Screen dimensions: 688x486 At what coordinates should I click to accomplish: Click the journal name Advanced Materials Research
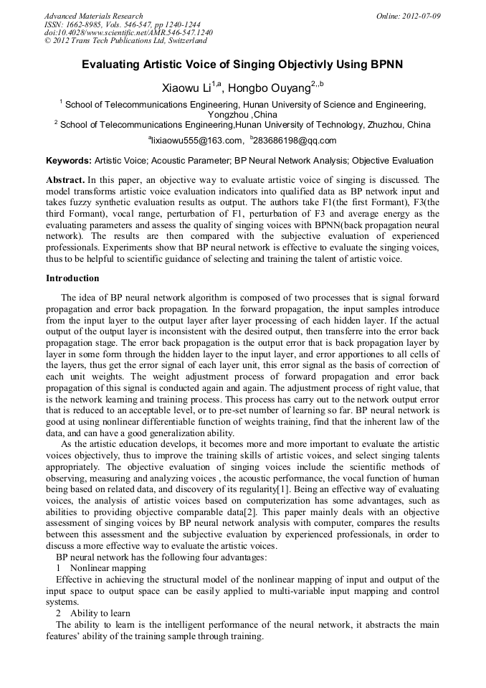click(x=94, y=16)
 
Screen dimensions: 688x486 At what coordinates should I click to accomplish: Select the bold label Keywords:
click(x=69, y=161)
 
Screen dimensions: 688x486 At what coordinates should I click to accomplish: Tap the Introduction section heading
click(x=72, y=278)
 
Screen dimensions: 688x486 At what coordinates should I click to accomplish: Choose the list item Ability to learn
click(x=100, y=613)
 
